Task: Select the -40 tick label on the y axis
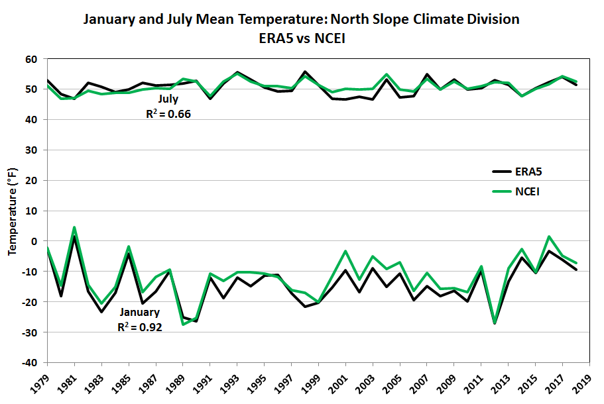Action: [32, 362]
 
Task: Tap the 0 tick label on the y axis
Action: [36, 241]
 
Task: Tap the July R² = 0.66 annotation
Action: [168, 107]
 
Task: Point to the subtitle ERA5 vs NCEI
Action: [302, 39]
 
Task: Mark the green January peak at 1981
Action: [74, 227]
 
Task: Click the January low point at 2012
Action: [495, 323]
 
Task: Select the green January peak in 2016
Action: [549, 236]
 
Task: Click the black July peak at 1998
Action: [305, 72]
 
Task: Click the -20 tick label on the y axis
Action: [32, 301]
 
